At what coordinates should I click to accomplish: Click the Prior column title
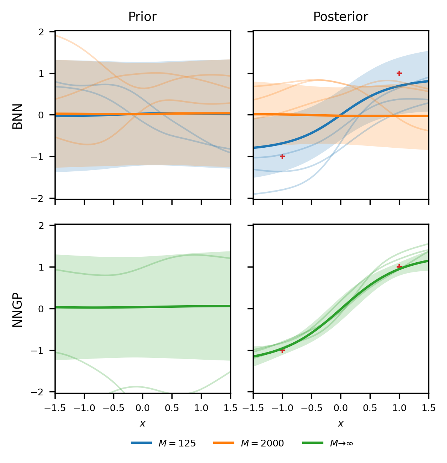pos(142,17)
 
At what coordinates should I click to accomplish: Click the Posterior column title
pos(341,17)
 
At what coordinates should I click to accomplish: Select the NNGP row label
pos(18,309)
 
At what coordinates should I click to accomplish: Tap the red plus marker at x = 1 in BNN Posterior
pos(399,73)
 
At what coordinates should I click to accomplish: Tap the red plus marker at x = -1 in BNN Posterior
pos(282,156)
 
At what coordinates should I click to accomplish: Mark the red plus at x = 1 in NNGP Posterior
pos(399,267)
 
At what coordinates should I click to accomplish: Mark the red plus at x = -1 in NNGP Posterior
pos(282,350)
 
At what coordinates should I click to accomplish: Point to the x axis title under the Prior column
pos(142,424)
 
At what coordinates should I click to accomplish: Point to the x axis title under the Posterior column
pos(341,424)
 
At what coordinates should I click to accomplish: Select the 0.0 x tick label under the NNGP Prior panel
pos(142,408)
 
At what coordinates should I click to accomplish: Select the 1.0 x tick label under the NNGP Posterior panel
pos(399,408)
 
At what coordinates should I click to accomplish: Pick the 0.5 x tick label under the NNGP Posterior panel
pos(370,408)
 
